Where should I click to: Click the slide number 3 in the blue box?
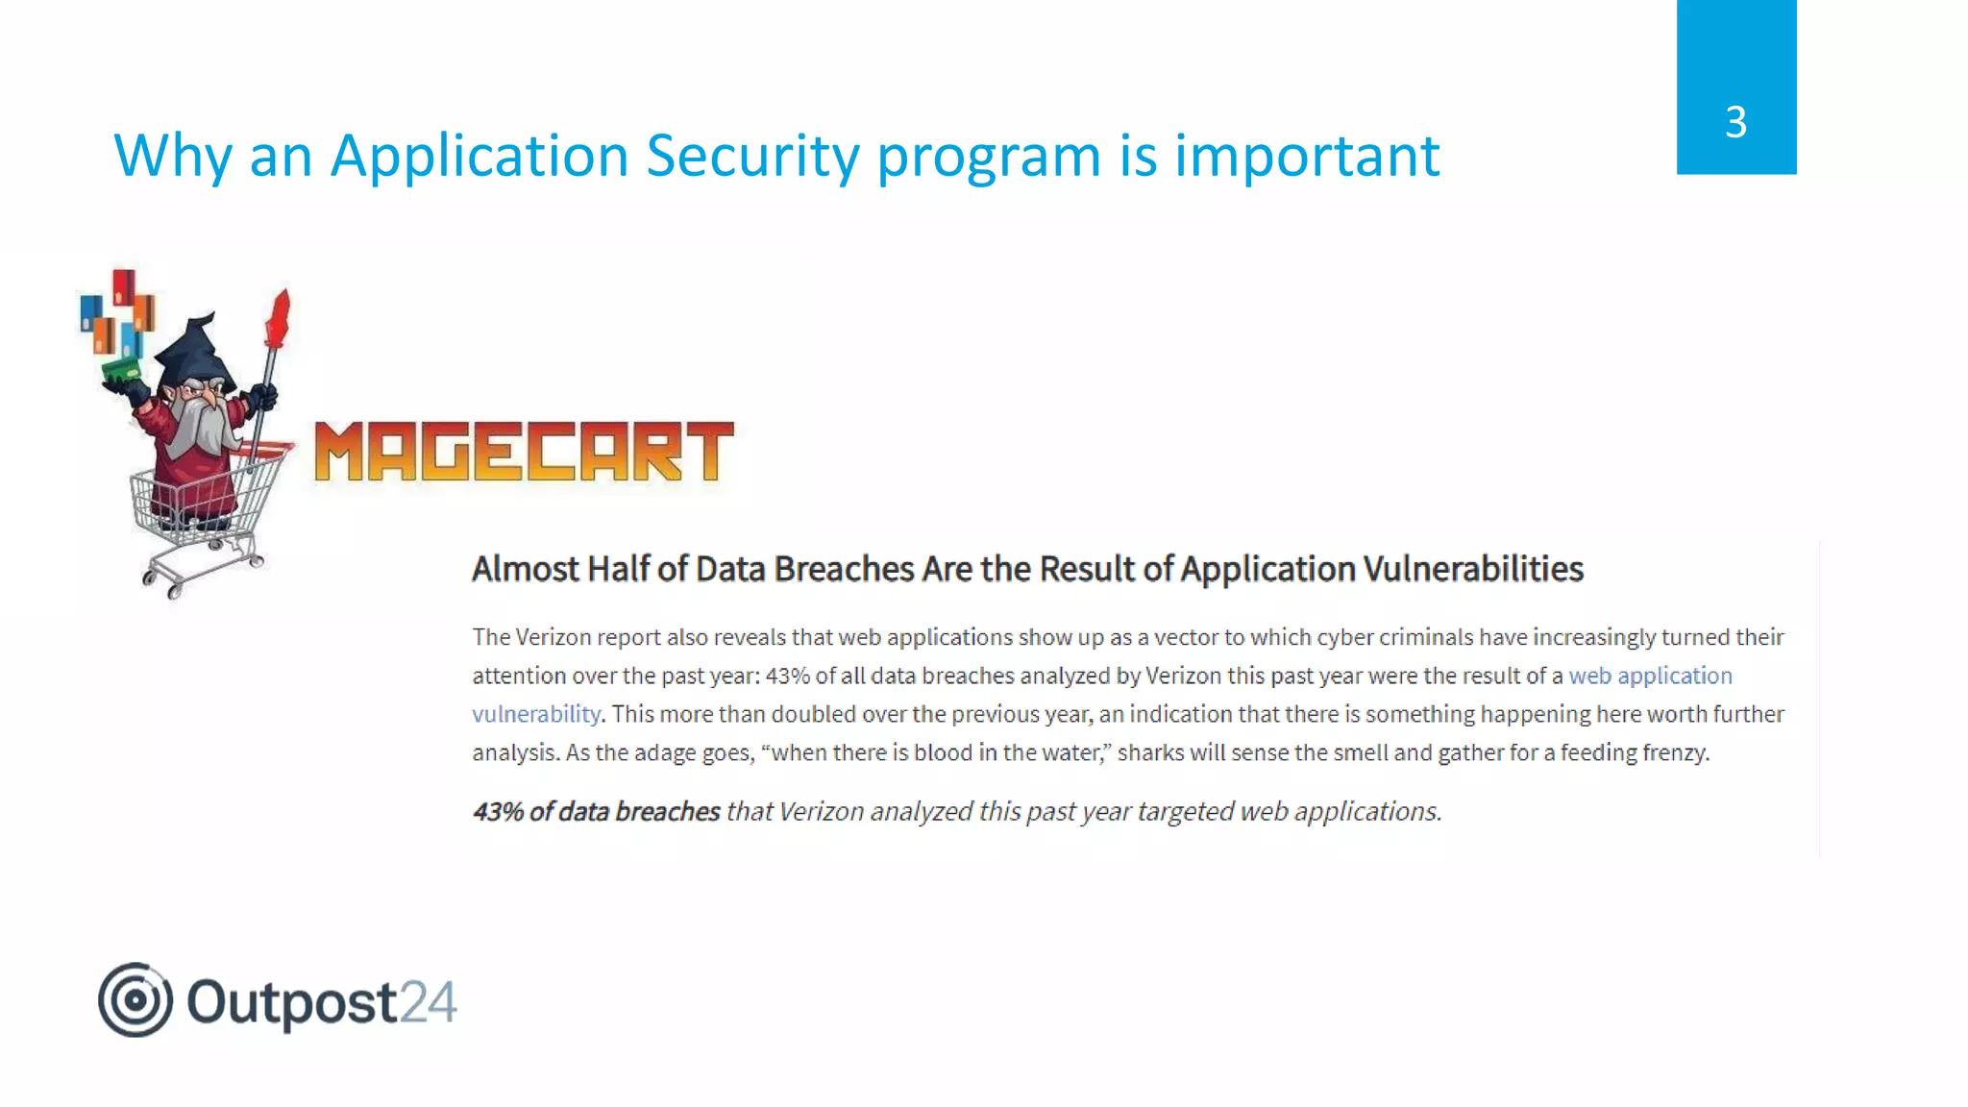click(x=1735, y=122)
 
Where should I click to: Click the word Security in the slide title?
click(x=752, y=156)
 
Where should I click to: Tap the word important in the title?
click(x=1307, y=156)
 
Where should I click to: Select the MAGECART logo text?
click(x=524, y=452)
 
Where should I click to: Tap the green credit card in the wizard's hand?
click(x=121, y=369)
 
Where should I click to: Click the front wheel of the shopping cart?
click(x=174, y=587)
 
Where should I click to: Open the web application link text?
click(x=1650, y=676)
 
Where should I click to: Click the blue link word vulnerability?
click(x=535, y=714)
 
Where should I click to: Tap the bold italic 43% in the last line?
click(x=498, y=812)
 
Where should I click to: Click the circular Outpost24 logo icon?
click(x=135, y=999)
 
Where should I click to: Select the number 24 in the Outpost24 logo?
click(x=428, y=1002)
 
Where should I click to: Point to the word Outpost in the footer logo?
click(x=291, y=1002)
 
